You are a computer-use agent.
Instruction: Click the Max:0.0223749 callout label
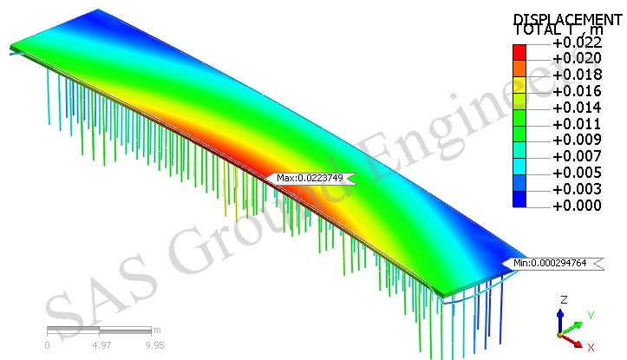[310, 179]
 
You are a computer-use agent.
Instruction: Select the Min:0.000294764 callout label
[552, 263]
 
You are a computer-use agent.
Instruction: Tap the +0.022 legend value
[577, 43]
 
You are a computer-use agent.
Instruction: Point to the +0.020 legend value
[577, 58]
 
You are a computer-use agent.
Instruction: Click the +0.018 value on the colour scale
[577, 75]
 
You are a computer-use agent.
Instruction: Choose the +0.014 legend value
[577, 108]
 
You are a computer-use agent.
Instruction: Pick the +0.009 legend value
[577, 140]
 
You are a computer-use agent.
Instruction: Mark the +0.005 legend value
[577, 173]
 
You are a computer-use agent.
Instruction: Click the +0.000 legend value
[577, 206]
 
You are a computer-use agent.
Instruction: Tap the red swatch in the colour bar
[519, 52]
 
